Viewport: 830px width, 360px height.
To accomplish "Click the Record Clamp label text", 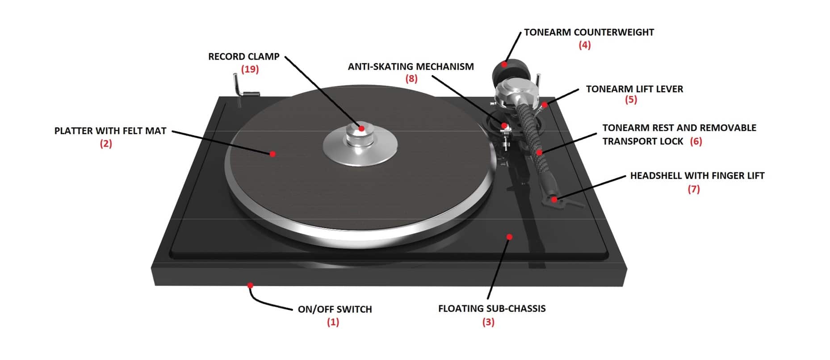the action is click(x=244, y=57).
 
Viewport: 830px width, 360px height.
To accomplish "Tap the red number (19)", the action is click(x=250, y=69).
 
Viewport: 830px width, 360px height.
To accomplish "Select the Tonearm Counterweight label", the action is click(x=589, y=32).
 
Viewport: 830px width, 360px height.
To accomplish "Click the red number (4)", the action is click(x=584, y=45).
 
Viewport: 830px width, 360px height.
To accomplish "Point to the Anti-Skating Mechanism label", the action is click(x=411, y=67).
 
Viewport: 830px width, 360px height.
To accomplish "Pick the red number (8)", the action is click(x=411, y=79).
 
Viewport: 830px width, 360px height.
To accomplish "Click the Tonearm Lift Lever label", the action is click(x=634, y=89).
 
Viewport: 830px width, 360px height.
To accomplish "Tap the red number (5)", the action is click(x=631, y=99).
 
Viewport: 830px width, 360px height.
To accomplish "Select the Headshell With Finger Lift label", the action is click(x=697, y=176).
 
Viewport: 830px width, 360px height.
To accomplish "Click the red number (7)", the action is click(x=693, y=189).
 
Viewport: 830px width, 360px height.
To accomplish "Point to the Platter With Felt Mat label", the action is click(x=110, y=131).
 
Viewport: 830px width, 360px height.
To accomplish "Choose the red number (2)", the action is click(x=106, y=143).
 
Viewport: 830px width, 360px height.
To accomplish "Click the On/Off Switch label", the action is click(x=335, y=309).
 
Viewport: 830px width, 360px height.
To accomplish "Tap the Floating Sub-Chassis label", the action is click(x=492, y=309).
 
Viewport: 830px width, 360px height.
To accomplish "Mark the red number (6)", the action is click(x=696, y=141).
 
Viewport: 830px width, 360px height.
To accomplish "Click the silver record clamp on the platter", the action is click(x=361, y=142).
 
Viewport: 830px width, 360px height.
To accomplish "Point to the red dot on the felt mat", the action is click(x=272, y=154).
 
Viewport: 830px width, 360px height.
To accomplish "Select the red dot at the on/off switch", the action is click(x=250, y=285).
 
